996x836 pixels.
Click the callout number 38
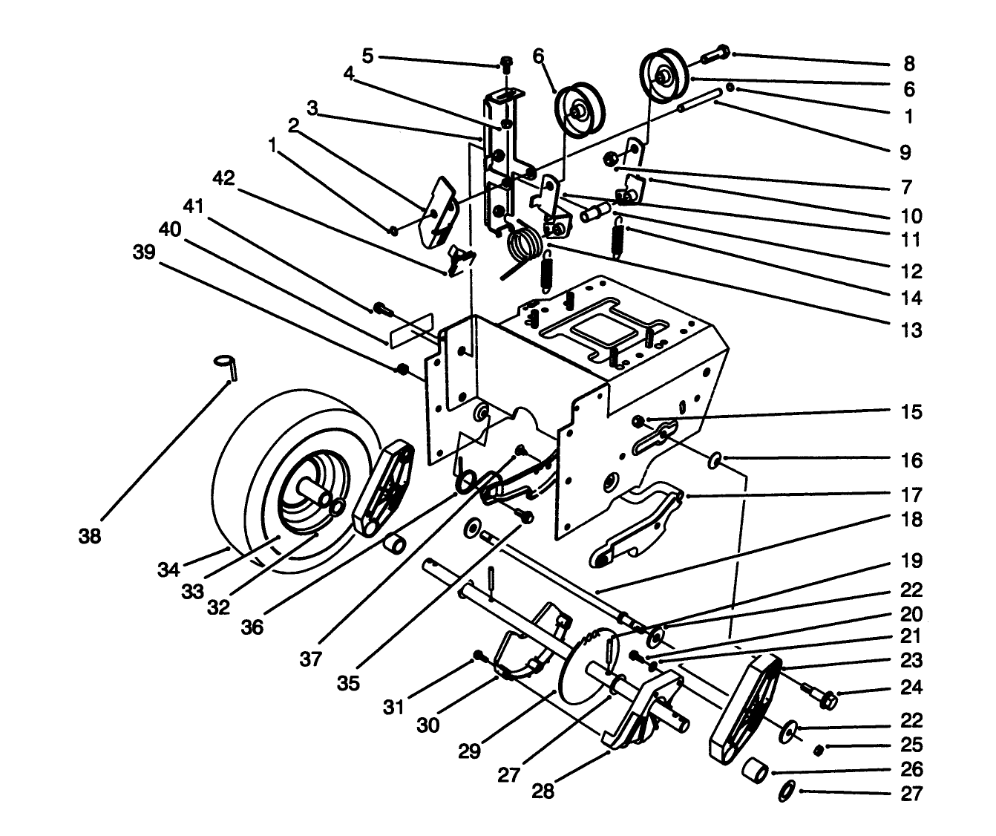(90, 536)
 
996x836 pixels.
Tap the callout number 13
(911, 330)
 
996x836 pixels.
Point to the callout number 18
(911, 520)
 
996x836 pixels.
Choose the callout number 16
(911, 460)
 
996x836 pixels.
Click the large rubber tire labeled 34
(245, 475)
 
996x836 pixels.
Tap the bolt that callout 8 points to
(712, 55)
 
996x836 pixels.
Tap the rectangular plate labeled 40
(410, 329)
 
